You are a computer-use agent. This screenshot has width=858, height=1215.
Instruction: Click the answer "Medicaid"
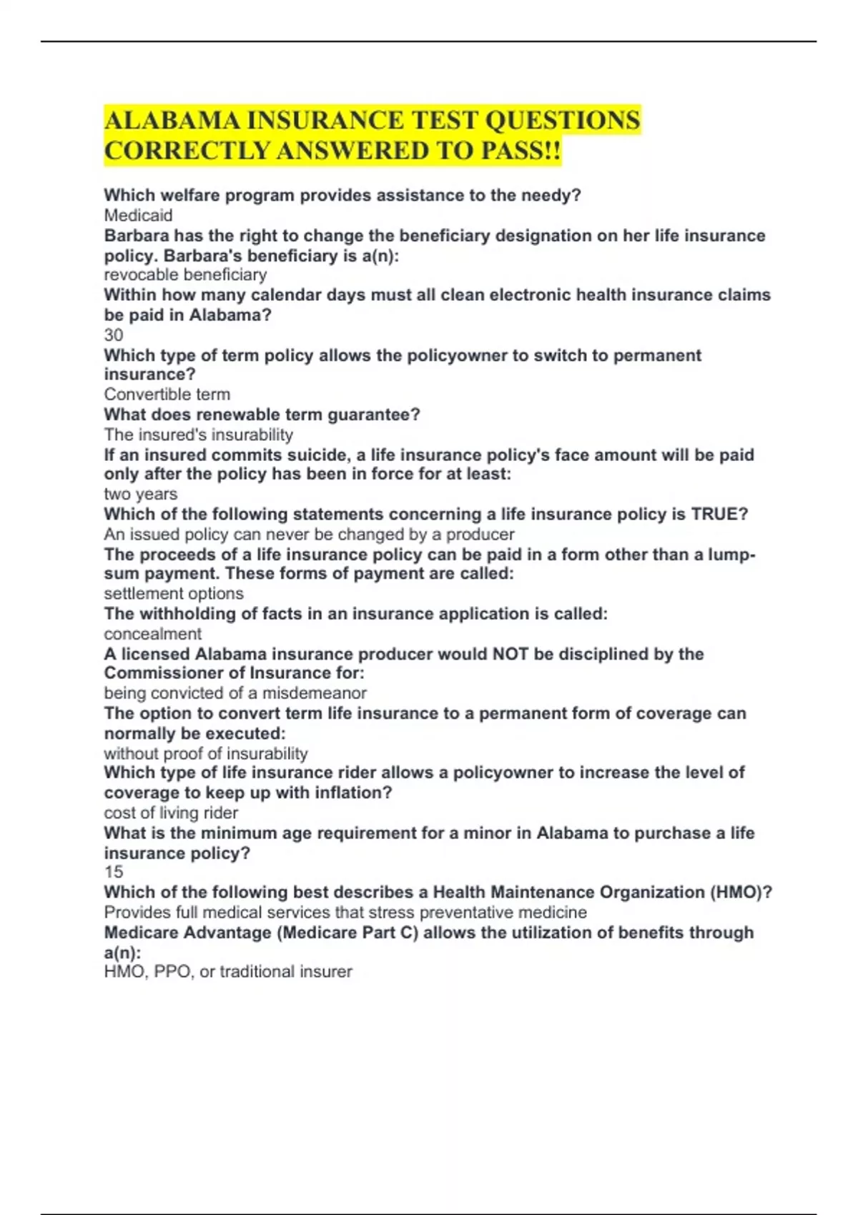(138, 215)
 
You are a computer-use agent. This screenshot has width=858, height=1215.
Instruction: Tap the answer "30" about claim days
(114, 334)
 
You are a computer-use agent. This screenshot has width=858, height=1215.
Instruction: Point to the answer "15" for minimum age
(114, 872)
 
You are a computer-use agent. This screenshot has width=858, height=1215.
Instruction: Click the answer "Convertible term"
(167, 394)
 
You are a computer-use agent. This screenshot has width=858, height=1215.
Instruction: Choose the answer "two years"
(140, 494)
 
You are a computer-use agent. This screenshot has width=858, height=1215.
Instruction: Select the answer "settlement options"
(173, 593)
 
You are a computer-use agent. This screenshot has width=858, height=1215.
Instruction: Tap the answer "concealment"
(152, 633)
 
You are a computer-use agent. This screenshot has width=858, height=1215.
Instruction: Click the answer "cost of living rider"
(171, 813)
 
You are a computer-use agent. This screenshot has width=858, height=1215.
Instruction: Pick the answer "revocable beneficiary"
(185, 274)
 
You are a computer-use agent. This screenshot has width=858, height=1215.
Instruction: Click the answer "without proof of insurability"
(206, 753)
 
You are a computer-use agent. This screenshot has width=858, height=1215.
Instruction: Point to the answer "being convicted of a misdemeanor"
(235, 693)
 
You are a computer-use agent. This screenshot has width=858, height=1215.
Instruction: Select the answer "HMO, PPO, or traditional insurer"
(228, 971)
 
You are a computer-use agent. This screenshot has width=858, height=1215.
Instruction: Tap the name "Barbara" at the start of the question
(137, 236)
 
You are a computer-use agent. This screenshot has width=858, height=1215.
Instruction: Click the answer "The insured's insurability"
(198, 435)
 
